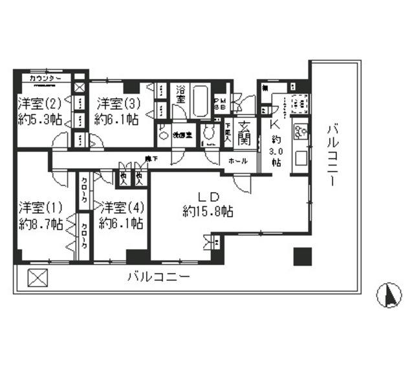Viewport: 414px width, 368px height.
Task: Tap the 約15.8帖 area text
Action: [208, 211]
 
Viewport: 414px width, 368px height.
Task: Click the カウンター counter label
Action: [45, 78]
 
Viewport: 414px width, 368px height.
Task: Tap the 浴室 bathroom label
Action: [181, 96]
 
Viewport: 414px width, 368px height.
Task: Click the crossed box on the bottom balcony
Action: [38, 277]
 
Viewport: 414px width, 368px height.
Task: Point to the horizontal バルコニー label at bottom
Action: [158, 277]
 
